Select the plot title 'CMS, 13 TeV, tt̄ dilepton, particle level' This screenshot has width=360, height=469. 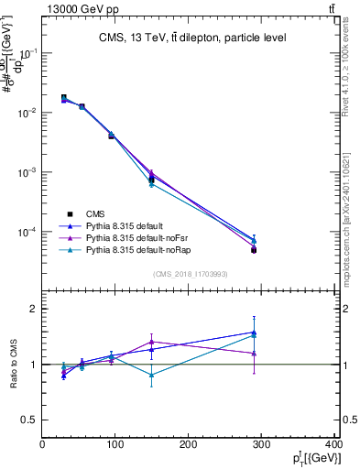coord(191,38)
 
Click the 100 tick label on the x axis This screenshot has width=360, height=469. coord(115,446)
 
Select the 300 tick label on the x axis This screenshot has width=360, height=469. coord(261,446)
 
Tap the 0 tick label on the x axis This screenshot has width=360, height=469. coord(43,446)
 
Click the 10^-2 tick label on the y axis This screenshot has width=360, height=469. coord(27,113)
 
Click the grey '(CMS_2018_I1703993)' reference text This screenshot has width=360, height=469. coord(190,274)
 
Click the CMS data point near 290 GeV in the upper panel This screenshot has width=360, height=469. coord(254,249)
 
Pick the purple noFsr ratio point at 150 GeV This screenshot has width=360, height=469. coord(152,342)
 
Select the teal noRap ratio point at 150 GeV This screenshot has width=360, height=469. coord(152,375)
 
